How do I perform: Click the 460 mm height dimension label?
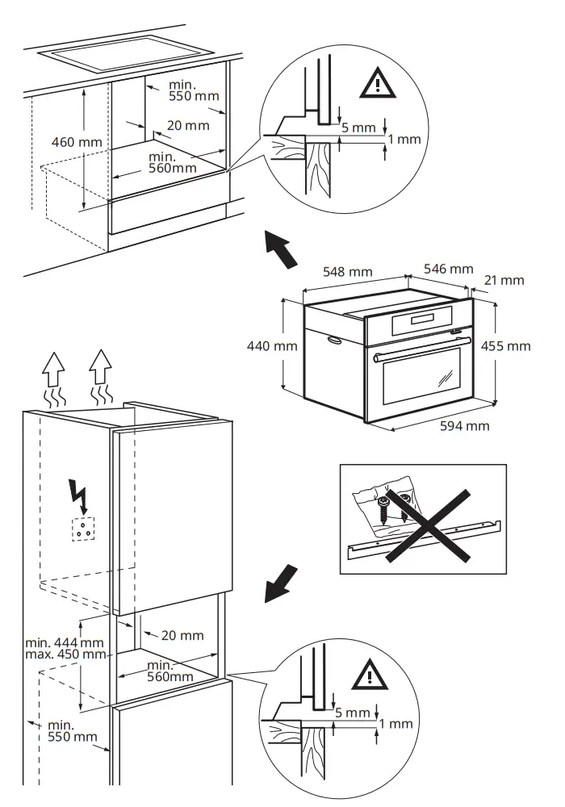(x=77, y=142)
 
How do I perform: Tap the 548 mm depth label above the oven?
(x=348, y=272)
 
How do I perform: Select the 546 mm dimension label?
(x=449, y=269)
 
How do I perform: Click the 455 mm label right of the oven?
(x=505, y=345)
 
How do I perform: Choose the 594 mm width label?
(x=464, y=425)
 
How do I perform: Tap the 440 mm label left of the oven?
(x=273, y=346)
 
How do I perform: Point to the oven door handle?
(x=420, y=348)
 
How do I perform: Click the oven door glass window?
(x=418, y=379)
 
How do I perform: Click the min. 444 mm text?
(x=65, y=642)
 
